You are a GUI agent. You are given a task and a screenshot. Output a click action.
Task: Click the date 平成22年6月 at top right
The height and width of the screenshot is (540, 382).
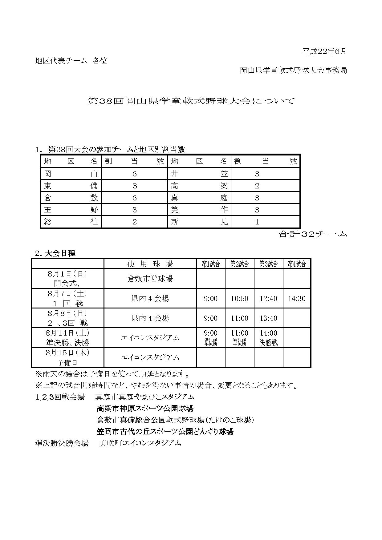[324, 51]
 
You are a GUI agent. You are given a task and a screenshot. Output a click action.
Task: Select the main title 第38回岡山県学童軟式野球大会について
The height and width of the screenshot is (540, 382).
[191, 101]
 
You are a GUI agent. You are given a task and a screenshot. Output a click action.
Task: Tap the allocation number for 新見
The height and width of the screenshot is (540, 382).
[257, 222]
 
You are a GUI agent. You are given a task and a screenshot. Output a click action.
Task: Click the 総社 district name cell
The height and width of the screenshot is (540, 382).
[71, 222]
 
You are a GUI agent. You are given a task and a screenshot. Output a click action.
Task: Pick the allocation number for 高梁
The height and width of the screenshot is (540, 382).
[257, 186]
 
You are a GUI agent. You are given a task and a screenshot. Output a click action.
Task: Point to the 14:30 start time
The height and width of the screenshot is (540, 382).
[297, 298]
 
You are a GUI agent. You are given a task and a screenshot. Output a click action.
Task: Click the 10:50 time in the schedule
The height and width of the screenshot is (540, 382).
[239, 298]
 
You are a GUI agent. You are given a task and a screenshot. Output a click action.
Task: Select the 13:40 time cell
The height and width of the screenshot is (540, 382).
[268, 318]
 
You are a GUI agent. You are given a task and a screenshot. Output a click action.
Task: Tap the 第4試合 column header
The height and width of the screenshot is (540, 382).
[297, 264]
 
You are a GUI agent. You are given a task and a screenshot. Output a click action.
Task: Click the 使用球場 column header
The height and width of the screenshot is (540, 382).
[150, 264]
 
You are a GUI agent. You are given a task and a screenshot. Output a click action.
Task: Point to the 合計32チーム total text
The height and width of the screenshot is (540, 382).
[312, 234]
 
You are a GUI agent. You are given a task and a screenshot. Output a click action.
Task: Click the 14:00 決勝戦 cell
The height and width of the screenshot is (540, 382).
[268, 338]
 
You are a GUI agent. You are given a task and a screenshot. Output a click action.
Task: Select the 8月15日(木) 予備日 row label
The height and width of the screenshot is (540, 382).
[67, 357]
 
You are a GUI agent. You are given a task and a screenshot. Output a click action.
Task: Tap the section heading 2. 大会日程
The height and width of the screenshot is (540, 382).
[55, 253]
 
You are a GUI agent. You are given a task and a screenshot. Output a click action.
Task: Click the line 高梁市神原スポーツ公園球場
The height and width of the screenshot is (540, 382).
[145, 409]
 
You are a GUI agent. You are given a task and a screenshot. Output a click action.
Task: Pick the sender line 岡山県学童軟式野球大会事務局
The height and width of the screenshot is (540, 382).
[293, 71]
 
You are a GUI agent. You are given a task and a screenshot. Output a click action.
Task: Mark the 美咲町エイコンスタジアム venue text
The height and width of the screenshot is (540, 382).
[140, 443]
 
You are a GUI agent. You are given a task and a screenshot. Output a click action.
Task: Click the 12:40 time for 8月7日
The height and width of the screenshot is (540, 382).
[268, 298]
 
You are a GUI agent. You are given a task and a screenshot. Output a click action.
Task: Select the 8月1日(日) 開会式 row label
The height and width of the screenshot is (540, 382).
[67, 279]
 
